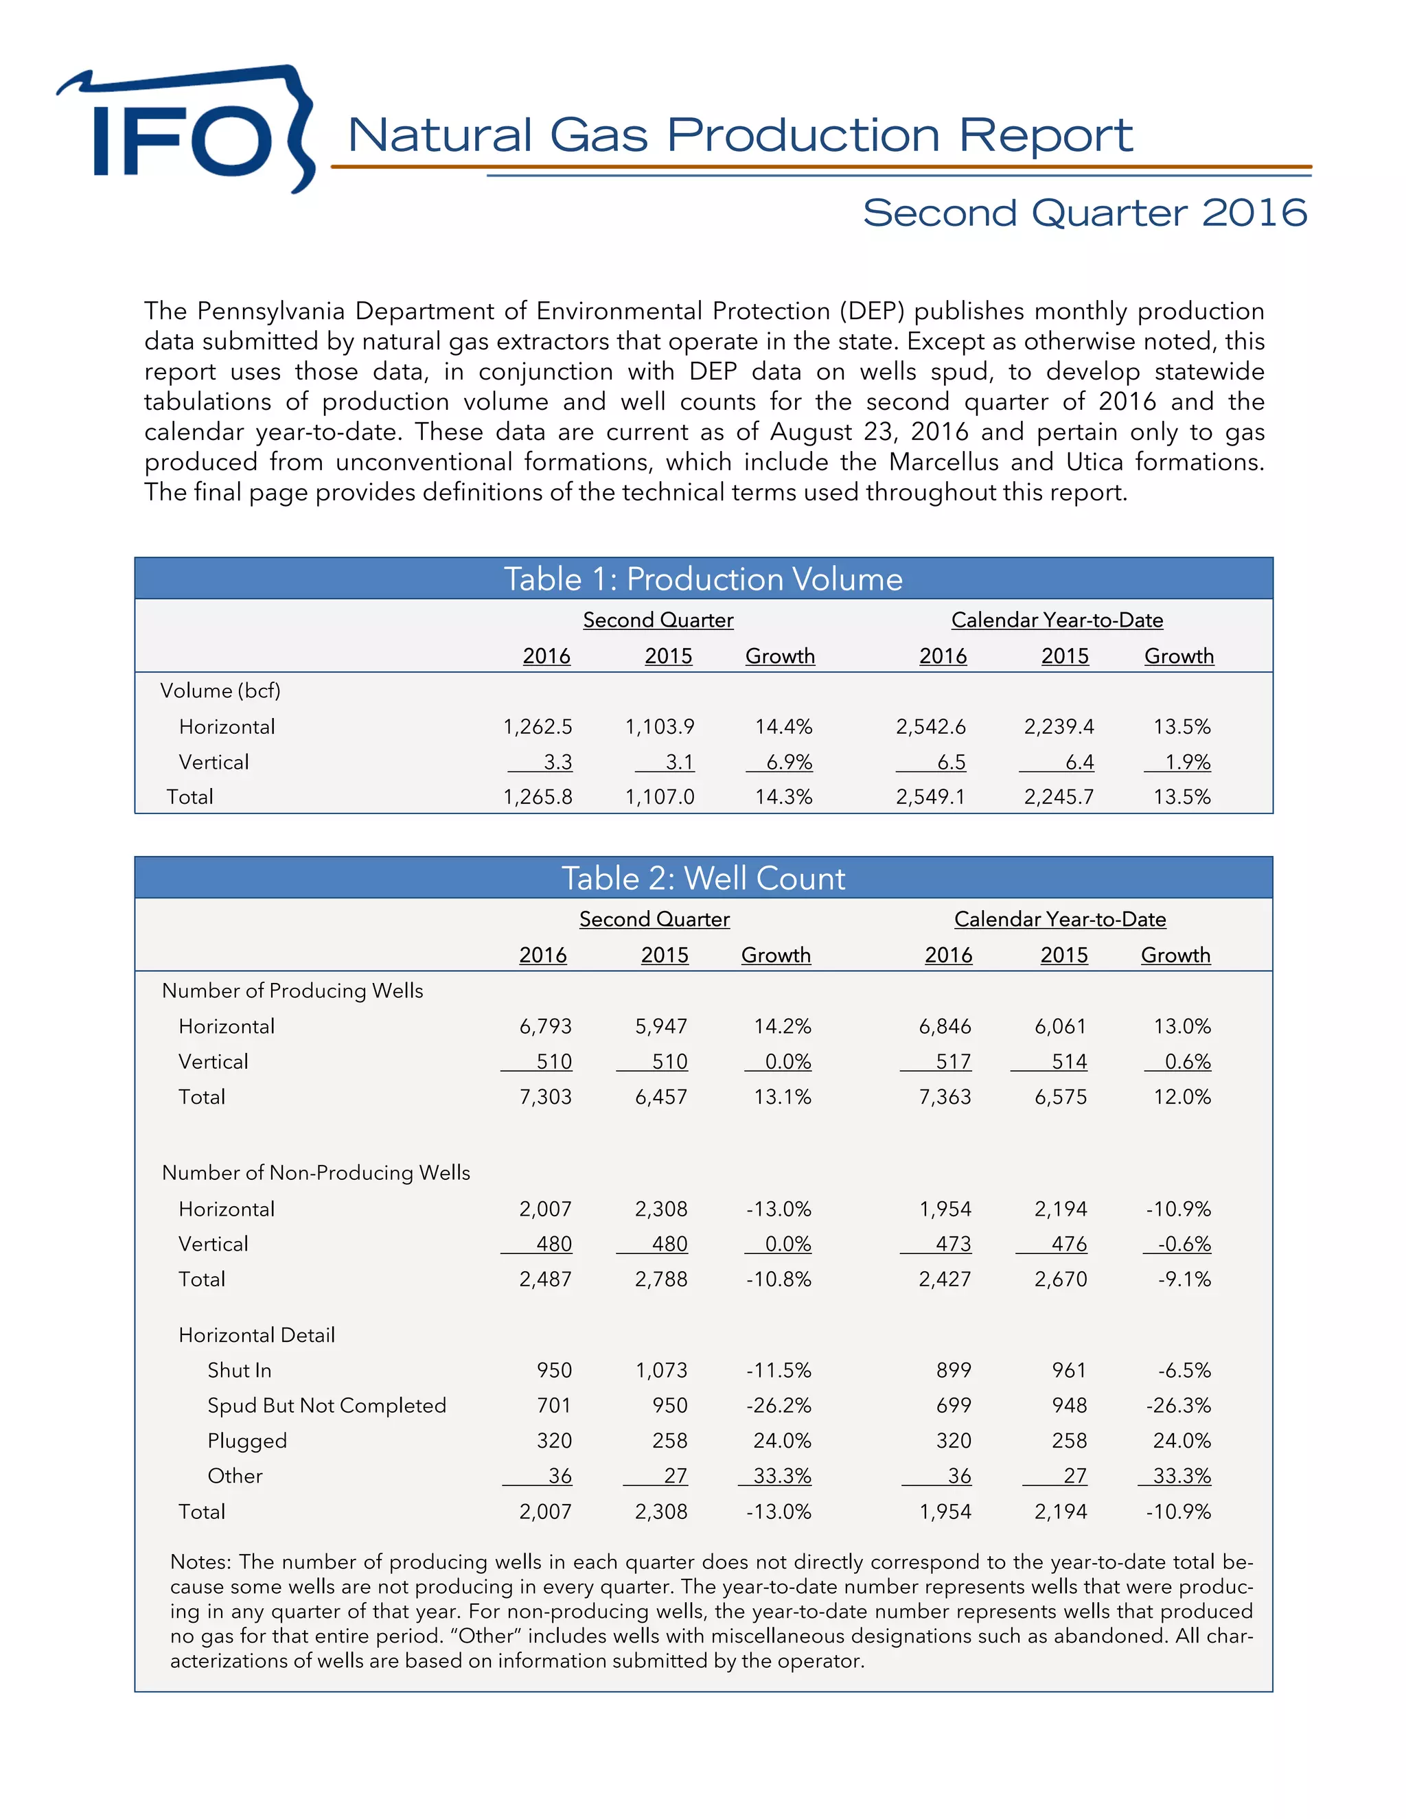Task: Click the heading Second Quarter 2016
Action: (1085, 213)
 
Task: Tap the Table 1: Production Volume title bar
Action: (703, 579)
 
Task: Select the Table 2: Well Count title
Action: (703, 878)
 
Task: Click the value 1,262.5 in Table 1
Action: (538, 727)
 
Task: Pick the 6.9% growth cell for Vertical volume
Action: (788, 762)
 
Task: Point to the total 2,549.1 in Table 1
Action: (930, 797)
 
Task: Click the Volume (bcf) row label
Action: (220, 691)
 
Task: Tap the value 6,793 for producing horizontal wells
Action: (546, 1026)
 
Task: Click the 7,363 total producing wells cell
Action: (945, 1097)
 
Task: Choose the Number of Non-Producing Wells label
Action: (316, 1172)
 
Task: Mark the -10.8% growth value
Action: (778, 1279)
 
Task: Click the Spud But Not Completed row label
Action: (327, 1406)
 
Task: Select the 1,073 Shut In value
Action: (661, 1370)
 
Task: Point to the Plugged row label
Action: (246, 1441)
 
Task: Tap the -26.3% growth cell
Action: (1178, 1406)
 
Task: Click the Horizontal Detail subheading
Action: (257, 1335)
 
